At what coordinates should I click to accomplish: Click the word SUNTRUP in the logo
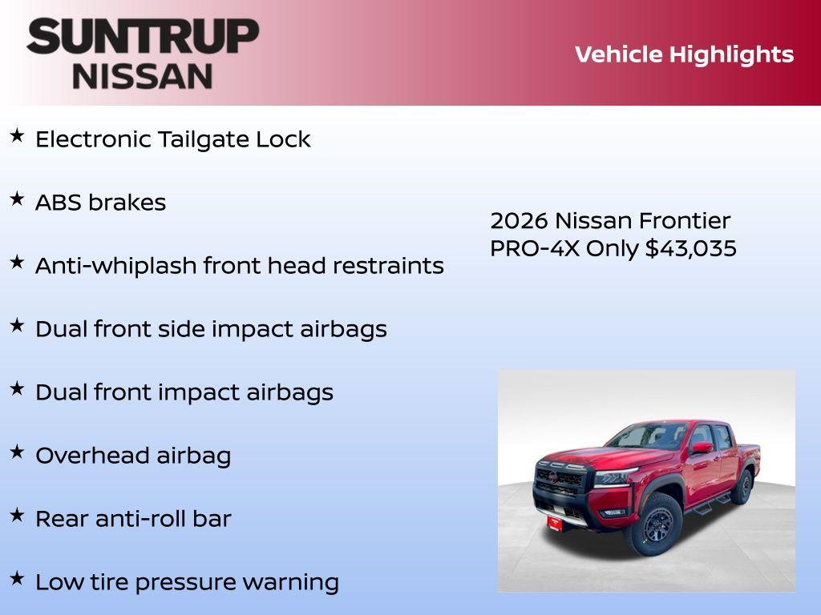click(x=143, y=36)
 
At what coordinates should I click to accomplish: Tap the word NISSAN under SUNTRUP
click(x=143, y=76)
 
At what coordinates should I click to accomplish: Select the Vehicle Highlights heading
click(x=684, y=54)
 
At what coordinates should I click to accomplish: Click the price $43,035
click(x=691, y=248)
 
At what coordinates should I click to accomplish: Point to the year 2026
click(x=519, y=221)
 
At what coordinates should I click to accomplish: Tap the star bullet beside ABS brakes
click(x=17, y=199)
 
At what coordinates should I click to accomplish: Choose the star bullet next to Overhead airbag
click(x=17, y=452)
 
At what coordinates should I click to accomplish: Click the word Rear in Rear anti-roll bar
click(x=62, y=519)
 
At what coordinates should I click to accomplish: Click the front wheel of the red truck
click(x=657, y=525)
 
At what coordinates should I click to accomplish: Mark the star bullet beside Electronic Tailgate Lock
click(x=17, y=136)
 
